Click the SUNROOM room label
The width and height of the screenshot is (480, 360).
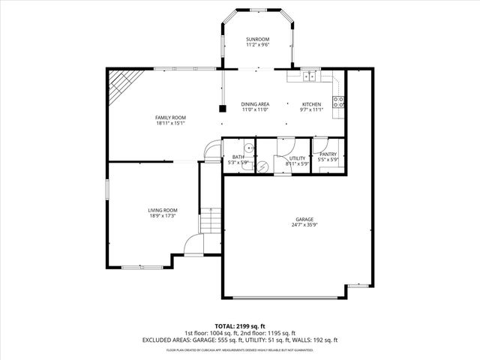tap(257, 39)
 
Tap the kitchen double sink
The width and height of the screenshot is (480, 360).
tap(310, 75)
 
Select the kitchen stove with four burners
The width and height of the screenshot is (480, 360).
tap(338, 102)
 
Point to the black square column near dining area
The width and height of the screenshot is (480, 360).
tap(223, 109)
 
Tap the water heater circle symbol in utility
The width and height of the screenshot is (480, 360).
tap(262, 166)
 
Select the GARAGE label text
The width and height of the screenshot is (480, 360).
tap(304, 220)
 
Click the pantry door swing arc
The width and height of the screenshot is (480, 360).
tap(318, 147)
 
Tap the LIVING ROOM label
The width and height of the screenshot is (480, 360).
tap(162, 210)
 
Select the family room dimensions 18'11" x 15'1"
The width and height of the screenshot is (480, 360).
tap(170, 124)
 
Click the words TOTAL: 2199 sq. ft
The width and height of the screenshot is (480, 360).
tap(239, 325)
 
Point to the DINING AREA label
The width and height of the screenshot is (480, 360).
tap(255, 104)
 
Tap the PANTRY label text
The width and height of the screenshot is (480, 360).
tap(328, 154)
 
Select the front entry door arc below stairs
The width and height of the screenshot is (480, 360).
tap(193, 244)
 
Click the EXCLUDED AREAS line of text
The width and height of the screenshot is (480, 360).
tap(239, 340)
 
